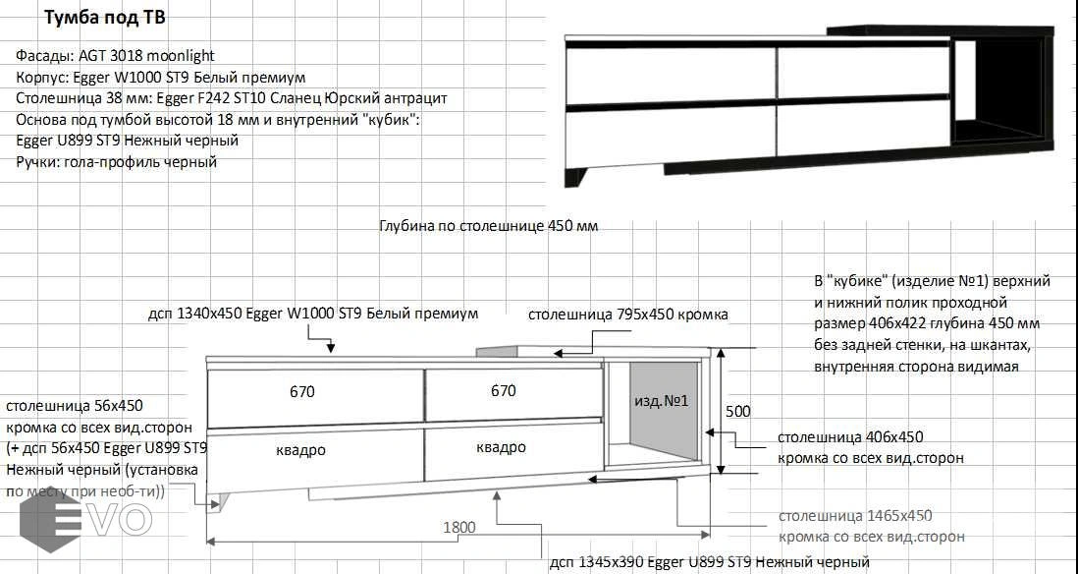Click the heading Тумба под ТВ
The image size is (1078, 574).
point(104,18)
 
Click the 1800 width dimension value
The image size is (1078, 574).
point(459,527)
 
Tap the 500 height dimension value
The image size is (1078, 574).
point(738,412)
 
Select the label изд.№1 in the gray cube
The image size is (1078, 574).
point(662,401)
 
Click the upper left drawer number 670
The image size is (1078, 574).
point(301,391)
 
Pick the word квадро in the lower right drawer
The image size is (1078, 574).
point(501,447)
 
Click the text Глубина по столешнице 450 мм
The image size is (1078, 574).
point(489,226)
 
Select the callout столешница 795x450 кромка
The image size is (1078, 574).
point(627,315)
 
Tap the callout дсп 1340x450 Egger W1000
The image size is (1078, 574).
point(313,314)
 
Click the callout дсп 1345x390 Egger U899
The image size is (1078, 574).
point(710,562)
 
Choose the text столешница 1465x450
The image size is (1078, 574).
point(855,515)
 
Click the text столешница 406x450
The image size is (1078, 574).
point(850,437)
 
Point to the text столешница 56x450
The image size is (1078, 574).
point(75,406)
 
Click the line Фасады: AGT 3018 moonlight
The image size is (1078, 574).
point(116,56)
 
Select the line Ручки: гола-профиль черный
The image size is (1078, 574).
point(116,162)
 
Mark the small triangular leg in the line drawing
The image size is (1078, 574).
point(215,501)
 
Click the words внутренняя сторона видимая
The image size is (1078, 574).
point(916,367)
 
